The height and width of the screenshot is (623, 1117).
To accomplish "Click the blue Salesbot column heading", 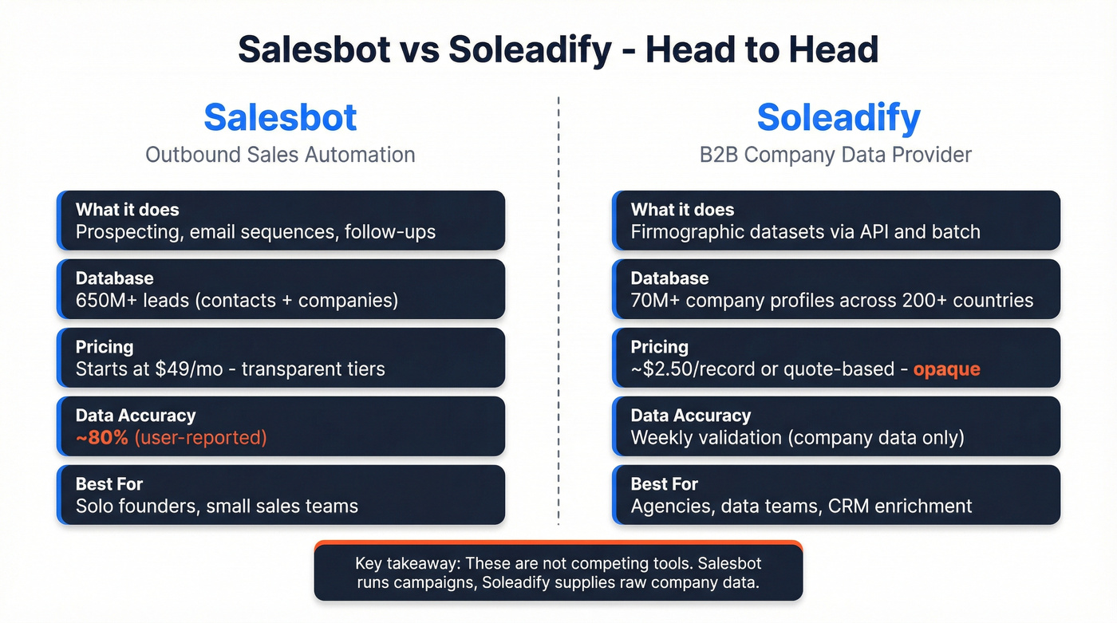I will point(280,118).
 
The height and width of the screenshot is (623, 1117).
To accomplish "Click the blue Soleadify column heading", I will point(838,118).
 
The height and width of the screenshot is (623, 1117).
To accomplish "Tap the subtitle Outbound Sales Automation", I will point(280,154).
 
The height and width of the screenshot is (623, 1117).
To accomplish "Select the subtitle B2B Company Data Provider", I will point(835,154).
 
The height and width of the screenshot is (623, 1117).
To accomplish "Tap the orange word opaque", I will point(946,369).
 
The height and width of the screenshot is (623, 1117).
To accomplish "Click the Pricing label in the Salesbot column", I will point(105,347).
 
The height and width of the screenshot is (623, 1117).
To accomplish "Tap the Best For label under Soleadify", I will point(665,484).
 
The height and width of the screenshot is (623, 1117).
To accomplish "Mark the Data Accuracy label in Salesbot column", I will point(136,416).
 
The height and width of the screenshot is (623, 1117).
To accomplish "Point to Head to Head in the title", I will point(761,49).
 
